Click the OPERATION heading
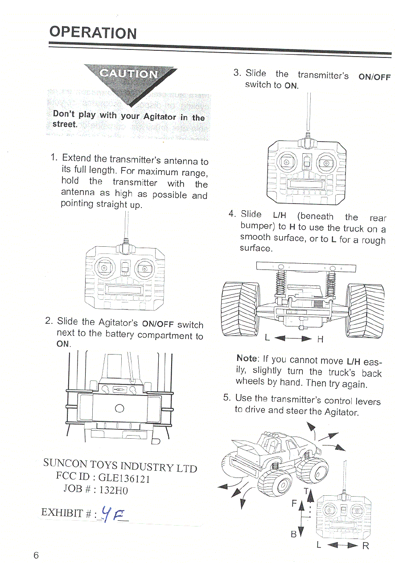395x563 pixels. click(93, 33)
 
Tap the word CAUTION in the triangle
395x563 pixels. click(128, 73)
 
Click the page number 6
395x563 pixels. click(36, 555)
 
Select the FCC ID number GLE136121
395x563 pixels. click(124, 478)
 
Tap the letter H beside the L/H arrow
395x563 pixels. click(320, 340)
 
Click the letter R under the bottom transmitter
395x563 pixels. click(366, 546)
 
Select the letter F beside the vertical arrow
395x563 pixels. click(294, 503)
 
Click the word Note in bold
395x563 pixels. click(247, 359)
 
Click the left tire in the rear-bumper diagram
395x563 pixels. click(240, 310)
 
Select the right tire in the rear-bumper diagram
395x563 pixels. click(367, 310)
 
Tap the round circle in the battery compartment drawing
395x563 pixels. click(119, 408)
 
